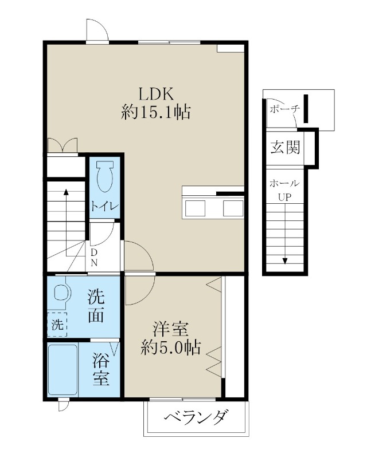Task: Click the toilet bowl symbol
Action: click(x=104, y=177)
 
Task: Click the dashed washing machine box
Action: click(x=57, y=325)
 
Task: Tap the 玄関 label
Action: click(x=285, y=148)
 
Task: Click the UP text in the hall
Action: click(x=284, y=198)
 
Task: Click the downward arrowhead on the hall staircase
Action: click(x=284, y=262)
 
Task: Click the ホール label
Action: click(x=284, y=184)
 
